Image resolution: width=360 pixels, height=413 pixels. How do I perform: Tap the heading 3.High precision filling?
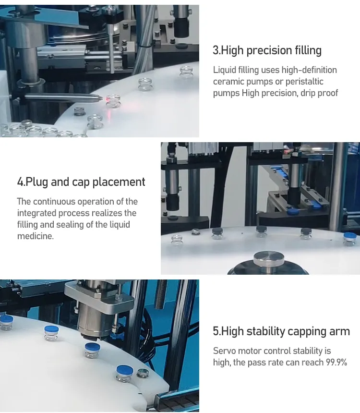pyautogui.click(x=267, y=50)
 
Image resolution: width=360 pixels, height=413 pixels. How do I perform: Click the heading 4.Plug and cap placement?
pyautogui.click(x=81, y=182)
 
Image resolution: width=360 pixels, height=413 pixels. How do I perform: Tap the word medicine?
pyautogui.click(x=35, y=236)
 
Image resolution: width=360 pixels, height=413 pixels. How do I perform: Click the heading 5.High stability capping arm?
pyautogui.click(x=281, y=331)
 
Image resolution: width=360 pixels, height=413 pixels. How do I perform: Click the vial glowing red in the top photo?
pyautogui.click(x=113, y=101)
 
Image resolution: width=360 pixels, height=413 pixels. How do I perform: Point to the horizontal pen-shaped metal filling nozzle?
pyautogui.click(x=62, y=97)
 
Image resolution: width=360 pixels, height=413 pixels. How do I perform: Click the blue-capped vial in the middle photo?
pyautogui.click(x=351, y=238)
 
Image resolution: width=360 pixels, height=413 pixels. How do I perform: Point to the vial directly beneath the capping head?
pyautogui.click(x=92, y=349)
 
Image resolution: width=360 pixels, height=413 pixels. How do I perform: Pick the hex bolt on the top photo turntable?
pyautogui.click(x=80, y=111)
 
